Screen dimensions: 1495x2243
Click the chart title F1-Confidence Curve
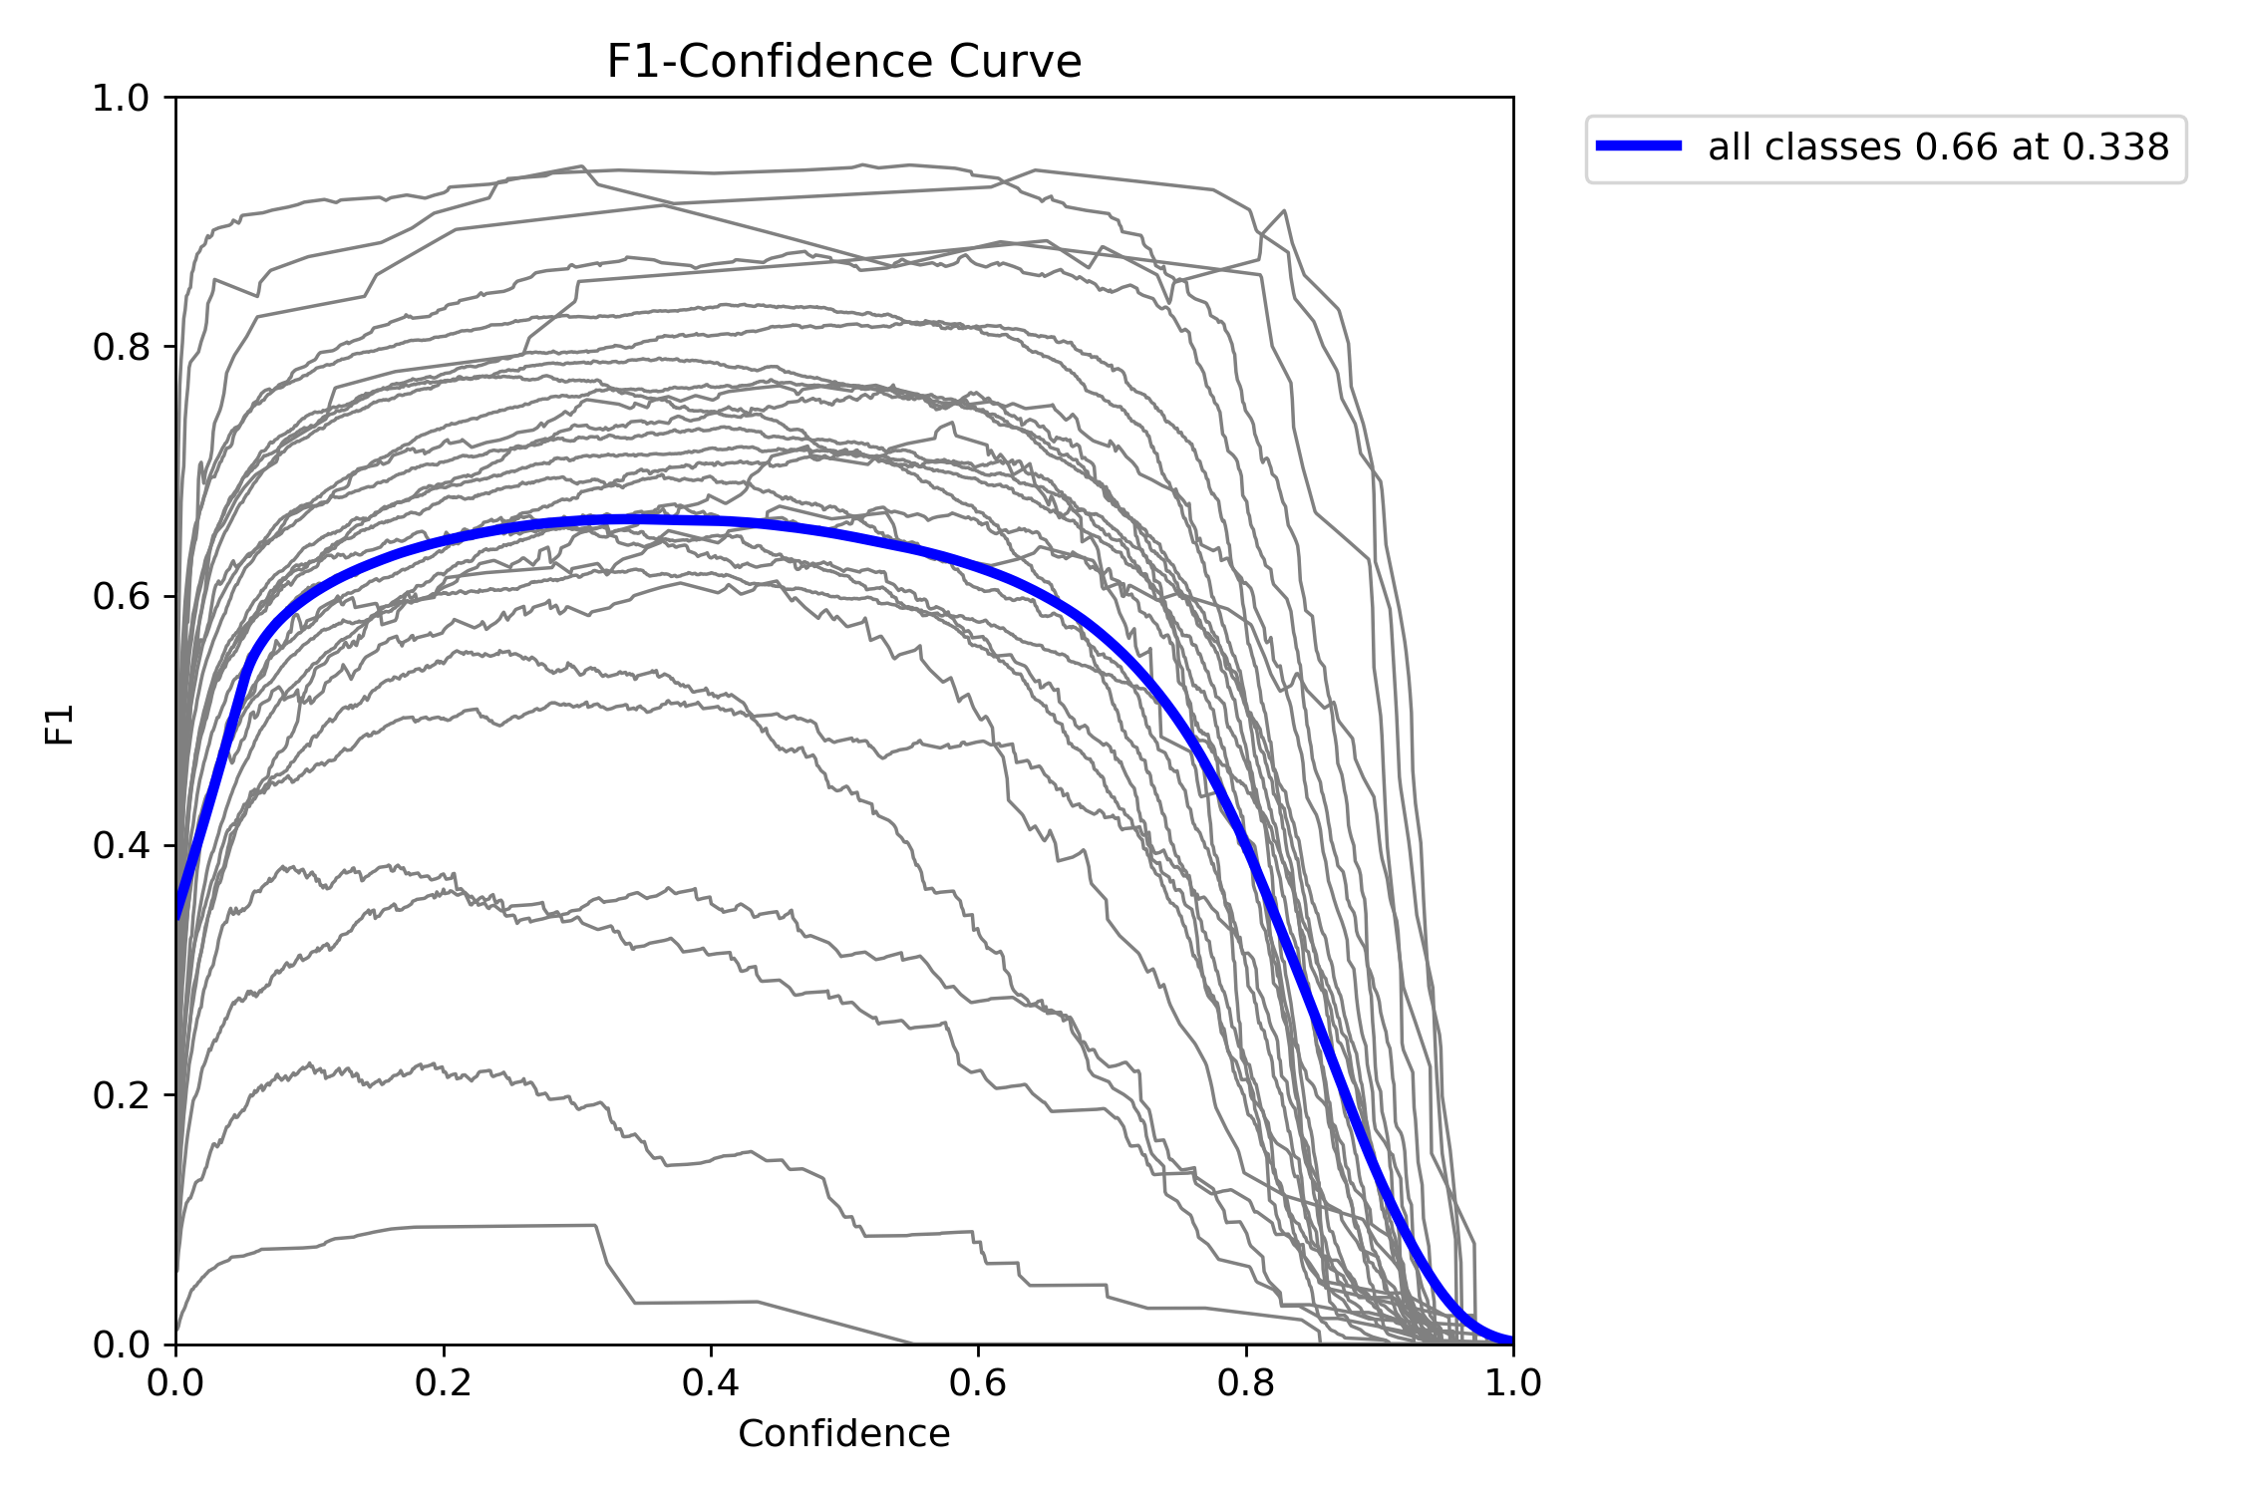coord(843,62)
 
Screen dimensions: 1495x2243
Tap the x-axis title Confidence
coord(843,1433)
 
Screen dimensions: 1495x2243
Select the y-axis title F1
coord(60,725)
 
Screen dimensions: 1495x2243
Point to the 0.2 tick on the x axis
coord(444,1382)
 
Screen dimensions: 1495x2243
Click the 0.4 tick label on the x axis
coord(711,1382)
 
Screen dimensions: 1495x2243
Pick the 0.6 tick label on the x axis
coord(978,1382)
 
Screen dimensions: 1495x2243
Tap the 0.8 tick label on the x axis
coord(1246,1382)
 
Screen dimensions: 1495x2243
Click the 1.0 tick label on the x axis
coord(1513,1382)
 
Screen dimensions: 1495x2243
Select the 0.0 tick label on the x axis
coord(176,1382)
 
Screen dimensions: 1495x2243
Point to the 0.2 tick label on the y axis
coord(120,1095)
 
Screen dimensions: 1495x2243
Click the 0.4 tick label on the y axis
coord(120,846)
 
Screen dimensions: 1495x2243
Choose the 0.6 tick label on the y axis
coord(120,597)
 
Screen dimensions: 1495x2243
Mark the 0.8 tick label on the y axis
coord(120,347)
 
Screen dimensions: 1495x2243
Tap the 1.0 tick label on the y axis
coord(120,98)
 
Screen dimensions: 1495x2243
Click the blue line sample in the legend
coord(1639,147)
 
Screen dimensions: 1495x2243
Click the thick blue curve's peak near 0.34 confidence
coord(628,519)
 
